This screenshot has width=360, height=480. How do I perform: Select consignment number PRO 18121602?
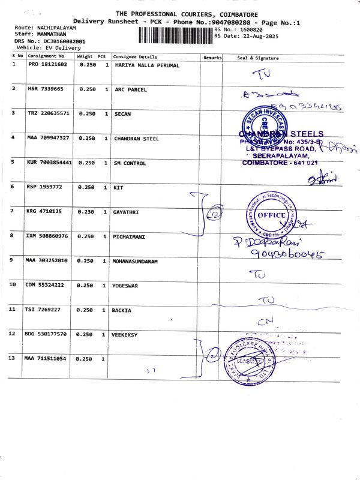47,65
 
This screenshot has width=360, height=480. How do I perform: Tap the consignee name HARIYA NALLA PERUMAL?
146,65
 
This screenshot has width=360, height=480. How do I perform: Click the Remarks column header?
212,58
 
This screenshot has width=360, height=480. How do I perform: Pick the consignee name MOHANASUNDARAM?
135,262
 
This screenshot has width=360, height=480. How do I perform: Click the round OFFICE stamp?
271,216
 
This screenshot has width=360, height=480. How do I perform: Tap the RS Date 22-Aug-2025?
246,35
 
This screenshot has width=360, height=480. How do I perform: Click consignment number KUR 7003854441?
49,163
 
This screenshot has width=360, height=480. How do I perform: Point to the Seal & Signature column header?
258,58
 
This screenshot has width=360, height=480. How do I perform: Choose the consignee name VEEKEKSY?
125,334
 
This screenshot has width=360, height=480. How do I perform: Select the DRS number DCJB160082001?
59,41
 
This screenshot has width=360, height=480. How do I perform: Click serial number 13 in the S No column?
11,358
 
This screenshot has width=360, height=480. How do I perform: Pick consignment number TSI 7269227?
44,310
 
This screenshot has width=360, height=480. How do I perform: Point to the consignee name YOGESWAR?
125,286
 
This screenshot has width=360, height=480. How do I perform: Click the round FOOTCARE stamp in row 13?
246,360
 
